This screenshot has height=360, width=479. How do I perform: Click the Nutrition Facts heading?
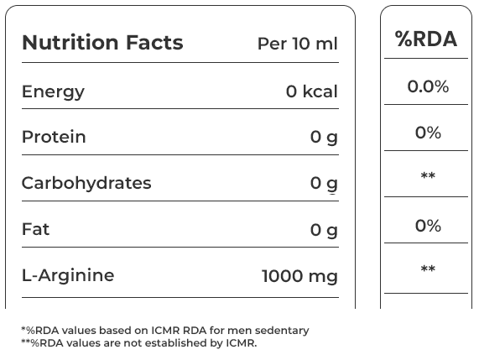pyautogui.click(x=102, y=42)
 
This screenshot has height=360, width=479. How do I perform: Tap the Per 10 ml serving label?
pyautogui.click(x=298, y=44)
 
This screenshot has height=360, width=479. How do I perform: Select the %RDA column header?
pyautogui.click(x=426, y=39)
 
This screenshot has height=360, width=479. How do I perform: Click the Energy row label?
pyautogui.click(x=53, y=92)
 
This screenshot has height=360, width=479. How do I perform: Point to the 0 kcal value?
pyautogui.click(x=312, y=91)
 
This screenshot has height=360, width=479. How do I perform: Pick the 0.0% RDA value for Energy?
pyautogui.click(x=428, y=86)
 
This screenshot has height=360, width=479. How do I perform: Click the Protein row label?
pyautogui.click(x=54, y=137)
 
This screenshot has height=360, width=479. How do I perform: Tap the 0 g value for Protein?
pyautogui.click(x=324, y=138)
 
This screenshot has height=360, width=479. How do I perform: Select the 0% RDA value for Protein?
pyautogui.click(x=428, y=133)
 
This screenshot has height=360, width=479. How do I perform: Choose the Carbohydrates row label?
pyautogui.click(x=86, y=183)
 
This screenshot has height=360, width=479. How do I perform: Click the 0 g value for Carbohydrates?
pyautogui.click(x=324, y=185)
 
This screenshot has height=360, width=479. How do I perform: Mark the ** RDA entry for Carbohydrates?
pyautogui.click(x=428, y=175)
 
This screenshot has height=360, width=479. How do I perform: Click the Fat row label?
pyautogui.click(x=35, y=229)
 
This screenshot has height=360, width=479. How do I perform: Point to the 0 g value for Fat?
pyautogui.click(x=324, y=231)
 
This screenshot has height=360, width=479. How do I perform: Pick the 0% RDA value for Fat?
pyautogui.click(x=428, y=226)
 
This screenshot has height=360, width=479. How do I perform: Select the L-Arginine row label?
pyautogui.click(x=68, y=275)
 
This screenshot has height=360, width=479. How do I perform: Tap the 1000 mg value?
pyautogui.click(x=299, y=277)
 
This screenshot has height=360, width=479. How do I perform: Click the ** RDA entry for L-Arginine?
pyautogui.click(x=428, y=269)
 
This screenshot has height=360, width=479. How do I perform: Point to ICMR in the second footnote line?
pyautogui.click(x=242, y=343)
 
